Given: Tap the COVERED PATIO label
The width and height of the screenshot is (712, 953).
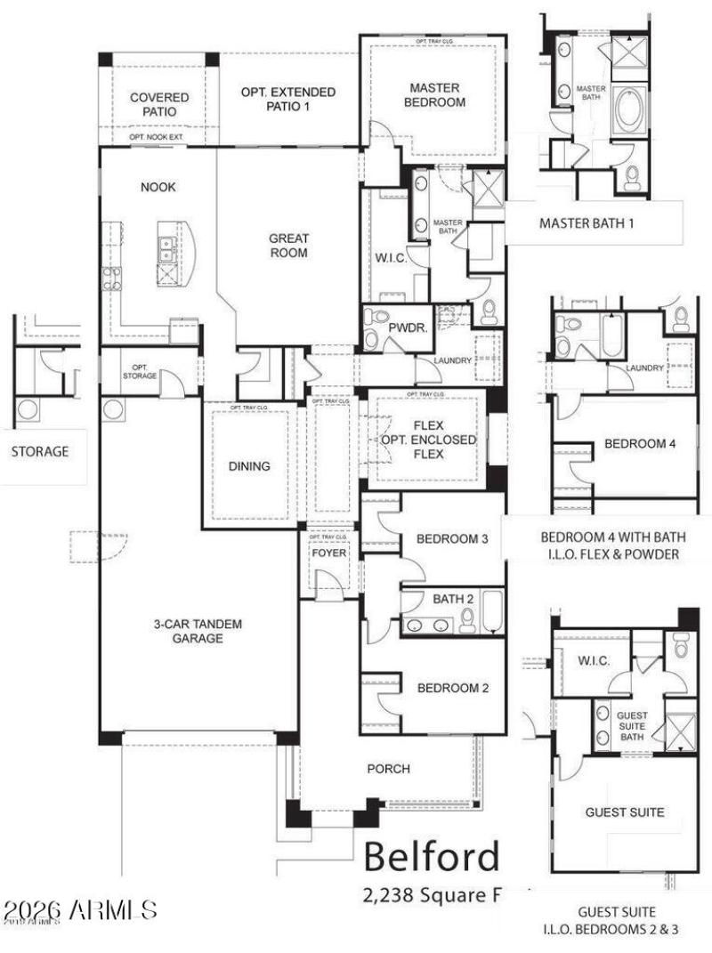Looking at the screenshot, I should pyautogui.click(x=159, y=104).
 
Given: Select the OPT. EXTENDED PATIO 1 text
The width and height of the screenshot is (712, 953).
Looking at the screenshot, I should pyautogui.click(x=288, y=99).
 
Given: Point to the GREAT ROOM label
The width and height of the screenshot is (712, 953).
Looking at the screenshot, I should pyautogui.click(x=289, y=246).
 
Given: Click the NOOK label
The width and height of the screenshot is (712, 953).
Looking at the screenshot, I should pyautogui.click(x=158, y=187).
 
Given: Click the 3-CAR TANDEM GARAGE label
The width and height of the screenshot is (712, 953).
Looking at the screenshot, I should pyautogui.click(x=198, y=630).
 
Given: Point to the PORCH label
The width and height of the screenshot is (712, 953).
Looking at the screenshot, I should pyautogui.click(x=389, y=768).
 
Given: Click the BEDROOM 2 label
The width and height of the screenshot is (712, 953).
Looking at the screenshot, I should pyautogui.click(x=453, y=687).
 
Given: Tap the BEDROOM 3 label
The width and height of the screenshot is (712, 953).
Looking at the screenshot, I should pyautogui.click(x=453, y=538).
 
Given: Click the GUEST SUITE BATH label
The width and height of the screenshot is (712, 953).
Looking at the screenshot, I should pyautogui.click(x=632, y=726).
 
